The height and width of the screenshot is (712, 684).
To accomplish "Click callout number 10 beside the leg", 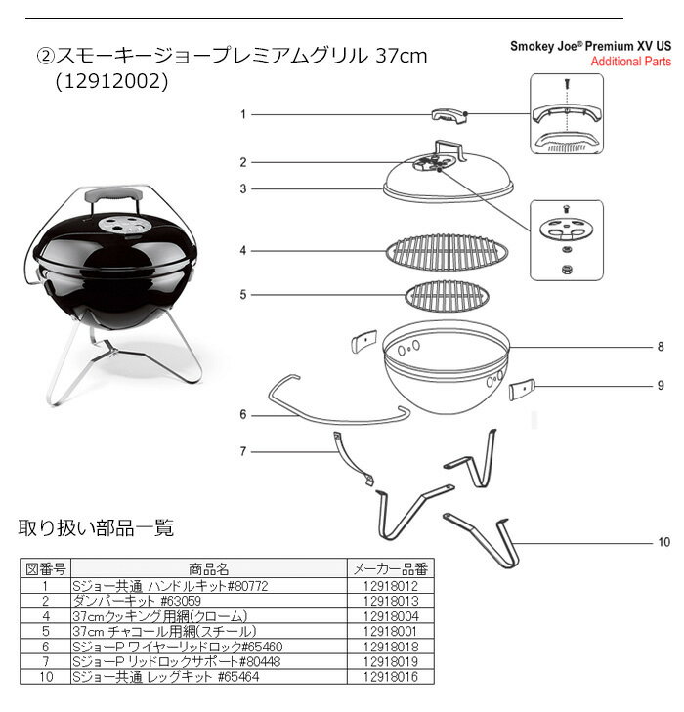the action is point(664,542).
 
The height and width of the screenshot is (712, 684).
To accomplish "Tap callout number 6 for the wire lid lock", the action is point(243,414).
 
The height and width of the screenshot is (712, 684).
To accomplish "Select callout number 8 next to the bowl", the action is point(661,347).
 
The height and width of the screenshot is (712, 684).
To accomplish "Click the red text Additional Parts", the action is point(631,62).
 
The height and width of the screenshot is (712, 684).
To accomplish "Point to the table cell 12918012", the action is point(391,586).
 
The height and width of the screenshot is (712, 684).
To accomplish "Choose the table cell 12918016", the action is point(391,677).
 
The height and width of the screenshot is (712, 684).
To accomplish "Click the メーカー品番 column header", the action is point(391,569).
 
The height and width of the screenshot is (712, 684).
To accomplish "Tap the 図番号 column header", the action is point(46,569).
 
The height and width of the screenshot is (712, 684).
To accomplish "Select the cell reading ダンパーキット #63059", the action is point(137,602).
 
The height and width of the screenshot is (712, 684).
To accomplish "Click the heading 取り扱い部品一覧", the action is point(97,527).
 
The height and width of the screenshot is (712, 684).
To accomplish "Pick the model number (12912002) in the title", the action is point(111,82).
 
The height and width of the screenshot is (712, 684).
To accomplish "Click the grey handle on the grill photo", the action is point(113,195).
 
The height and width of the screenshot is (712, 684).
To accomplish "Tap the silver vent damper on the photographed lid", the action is point(123,225).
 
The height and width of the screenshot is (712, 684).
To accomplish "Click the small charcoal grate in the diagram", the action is point(447,296).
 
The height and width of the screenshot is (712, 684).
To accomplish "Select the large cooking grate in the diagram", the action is point(447,252).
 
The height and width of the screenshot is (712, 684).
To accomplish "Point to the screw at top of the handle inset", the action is point(567,84).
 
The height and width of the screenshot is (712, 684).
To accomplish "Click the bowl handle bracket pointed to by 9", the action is point(522,390).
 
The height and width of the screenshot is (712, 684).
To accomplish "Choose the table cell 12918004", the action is point(391,616).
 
